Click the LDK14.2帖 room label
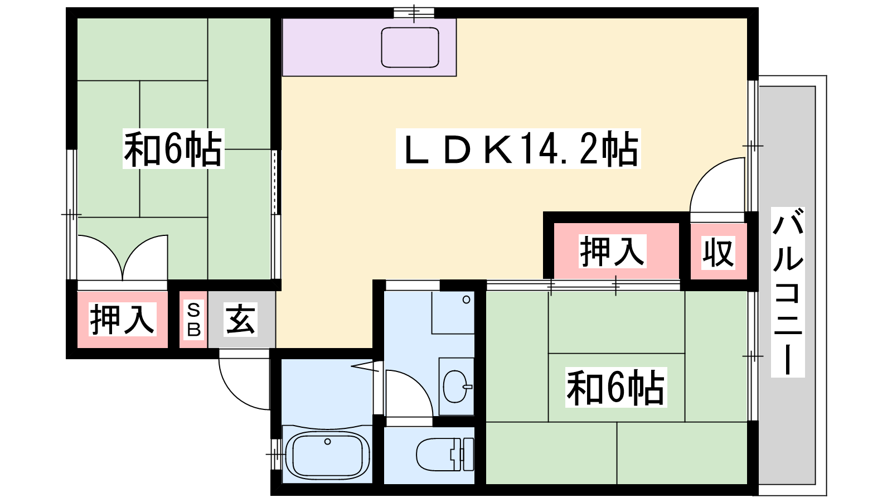coord(518,149)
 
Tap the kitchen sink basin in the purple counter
coord(410,47)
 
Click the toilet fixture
coord(445,455)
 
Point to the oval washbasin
coord(457,387)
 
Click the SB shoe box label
coord(193,320)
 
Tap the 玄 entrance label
coord(240,320)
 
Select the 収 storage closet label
coord(718,252)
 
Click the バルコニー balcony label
coord(788,292)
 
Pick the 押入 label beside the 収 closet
coord(612,251)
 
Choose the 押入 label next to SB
coord(122,319)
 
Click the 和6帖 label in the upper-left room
coord(173,148)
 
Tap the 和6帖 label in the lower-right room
coord(615,387)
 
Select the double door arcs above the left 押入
coord(123,255)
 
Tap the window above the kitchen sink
coord(414,13)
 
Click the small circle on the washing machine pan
coord(466,300)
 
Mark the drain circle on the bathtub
coord(327,441)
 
